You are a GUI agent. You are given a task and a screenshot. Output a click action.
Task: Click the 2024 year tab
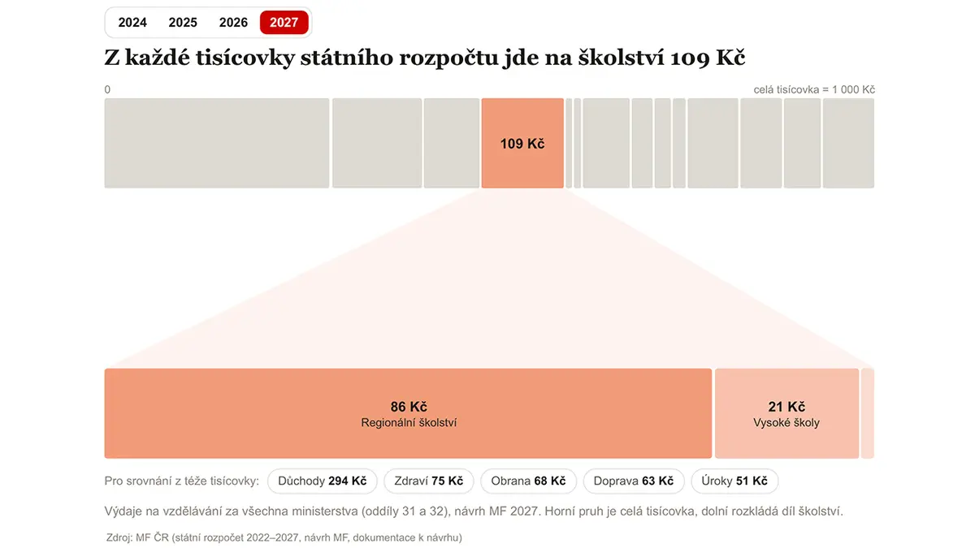(x=132, y=22)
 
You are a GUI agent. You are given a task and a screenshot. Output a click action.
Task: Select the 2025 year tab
(x=183, y=22)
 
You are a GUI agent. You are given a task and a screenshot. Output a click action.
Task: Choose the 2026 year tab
(x=233, y=22)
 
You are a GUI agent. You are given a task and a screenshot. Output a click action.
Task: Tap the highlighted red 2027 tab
(x=284, y=22)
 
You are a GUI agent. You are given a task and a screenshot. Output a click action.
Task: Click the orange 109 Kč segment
(x=522, y=143)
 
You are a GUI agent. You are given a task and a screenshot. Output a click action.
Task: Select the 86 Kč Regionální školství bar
(x=408, y=413)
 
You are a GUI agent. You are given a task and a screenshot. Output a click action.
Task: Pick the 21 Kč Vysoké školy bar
(x=786, y=413)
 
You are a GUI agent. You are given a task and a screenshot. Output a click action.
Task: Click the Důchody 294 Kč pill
(x=322, y=481)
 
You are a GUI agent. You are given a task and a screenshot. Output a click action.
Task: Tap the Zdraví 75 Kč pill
(x=429, y=481)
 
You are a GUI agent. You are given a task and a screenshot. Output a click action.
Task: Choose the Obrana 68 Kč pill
(x=528, y=481)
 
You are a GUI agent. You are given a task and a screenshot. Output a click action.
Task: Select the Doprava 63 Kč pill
(x=634, y=481)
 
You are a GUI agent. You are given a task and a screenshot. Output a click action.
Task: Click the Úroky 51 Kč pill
(x=734, y=481)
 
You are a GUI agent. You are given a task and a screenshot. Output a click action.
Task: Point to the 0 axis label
(x=107, y=89)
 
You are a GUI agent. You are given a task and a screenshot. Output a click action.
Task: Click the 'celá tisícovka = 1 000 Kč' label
(x=814, y=89)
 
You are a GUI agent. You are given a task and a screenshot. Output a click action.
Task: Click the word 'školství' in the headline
(x=621, y=58)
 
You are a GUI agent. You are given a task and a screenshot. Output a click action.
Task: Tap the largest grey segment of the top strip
(x=217, y=143)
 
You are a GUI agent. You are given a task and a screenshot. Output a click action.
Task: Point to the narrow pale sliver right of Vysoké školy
(x=868, y=413)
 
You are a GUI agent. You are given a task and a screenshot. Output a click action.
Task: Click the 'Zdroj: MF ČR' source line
(x=284, y=537)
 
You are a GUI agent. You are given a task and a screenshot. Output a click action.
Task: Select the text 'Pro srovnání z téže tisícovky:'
(x=181, y=481)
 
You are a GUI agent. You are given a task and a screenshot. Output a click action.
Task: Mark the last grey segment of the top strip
(x=848, y=143)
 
